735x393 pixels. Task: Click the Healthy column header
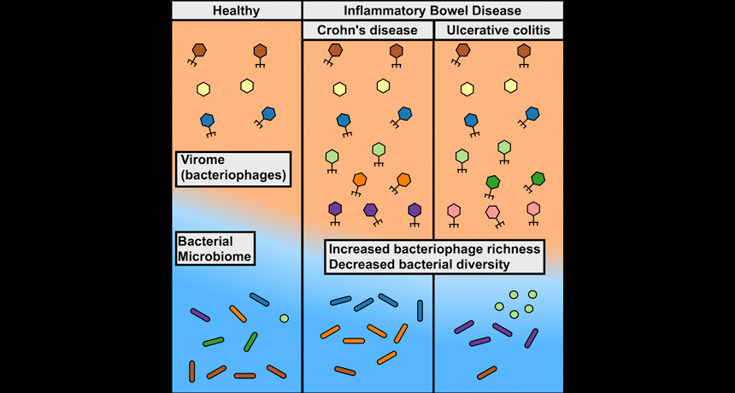click(x=236, y=10)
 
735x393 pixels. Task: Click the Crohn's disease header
click(x=367, y=31)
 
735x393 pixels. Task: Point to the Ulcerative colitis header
click(x=499, y=31)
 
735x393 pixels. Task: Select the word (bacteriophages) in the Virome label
click(x=232, y=177)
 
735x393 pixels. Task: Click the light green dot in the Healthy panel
click(x=284, y=319)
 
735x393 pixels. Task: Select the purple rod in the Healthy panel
click(x=200, y=315)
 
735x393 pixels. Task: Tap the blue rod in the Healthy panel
click(x=260, y=299)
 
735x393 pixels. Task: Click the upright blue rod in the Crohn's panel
click(x=420, y=310)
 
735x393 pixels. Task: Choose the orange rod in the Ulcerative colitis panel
click(x=487, y=372)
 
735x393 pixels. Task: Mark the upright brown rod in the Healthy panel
click(x=192, y=371)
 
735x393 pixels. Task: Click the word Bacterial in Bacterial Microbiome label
click(x=205, y=241)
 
